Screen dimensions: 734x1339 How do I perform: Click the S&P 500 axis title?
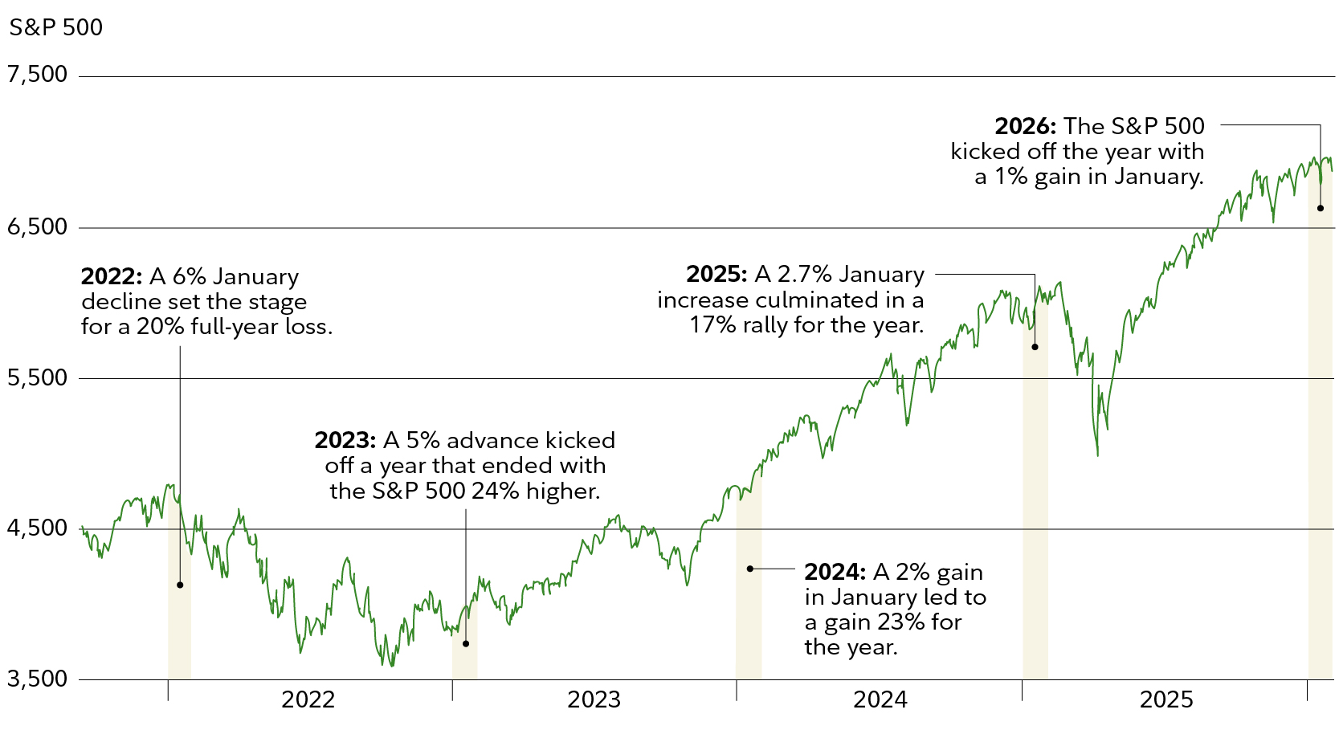55,27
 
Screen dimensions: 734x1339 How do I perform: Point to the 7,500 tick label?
37,75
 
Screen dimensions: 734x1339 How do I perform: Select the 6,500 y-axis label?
37,227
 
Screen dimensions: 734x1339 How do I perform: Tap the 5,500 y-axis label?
37,378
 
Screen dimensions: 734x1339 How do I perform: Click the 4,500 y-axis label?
37,528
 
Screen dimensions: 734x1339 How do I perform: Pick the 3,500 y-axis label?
37,679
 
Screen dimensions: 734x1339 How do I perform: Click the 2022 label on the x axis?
308,699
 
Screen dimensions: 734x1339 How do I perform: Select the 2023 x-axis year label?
594,699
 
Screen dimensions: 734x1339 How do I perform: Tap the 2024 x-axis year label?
880,699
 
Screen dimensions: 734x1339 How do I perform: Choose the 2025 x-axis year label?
1166,699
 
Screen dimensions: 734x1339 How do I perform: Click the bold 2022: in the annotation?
111,277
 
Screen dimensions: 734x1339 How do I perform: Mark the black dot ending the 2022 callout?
180,585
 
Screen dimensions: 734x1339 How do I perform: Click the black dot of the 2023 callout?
466,643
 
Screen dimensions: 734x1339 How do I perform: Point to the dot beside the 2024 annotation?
749,569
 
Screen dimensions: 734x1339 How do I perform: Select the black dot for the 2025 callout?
1035,347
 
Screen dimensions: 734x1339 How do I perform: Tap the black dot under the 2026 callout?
1321,208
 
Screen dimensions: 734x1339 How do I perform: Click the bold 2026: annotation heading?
1025,126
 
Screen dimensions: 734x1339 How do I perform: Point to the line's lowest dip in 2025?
1098,455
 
